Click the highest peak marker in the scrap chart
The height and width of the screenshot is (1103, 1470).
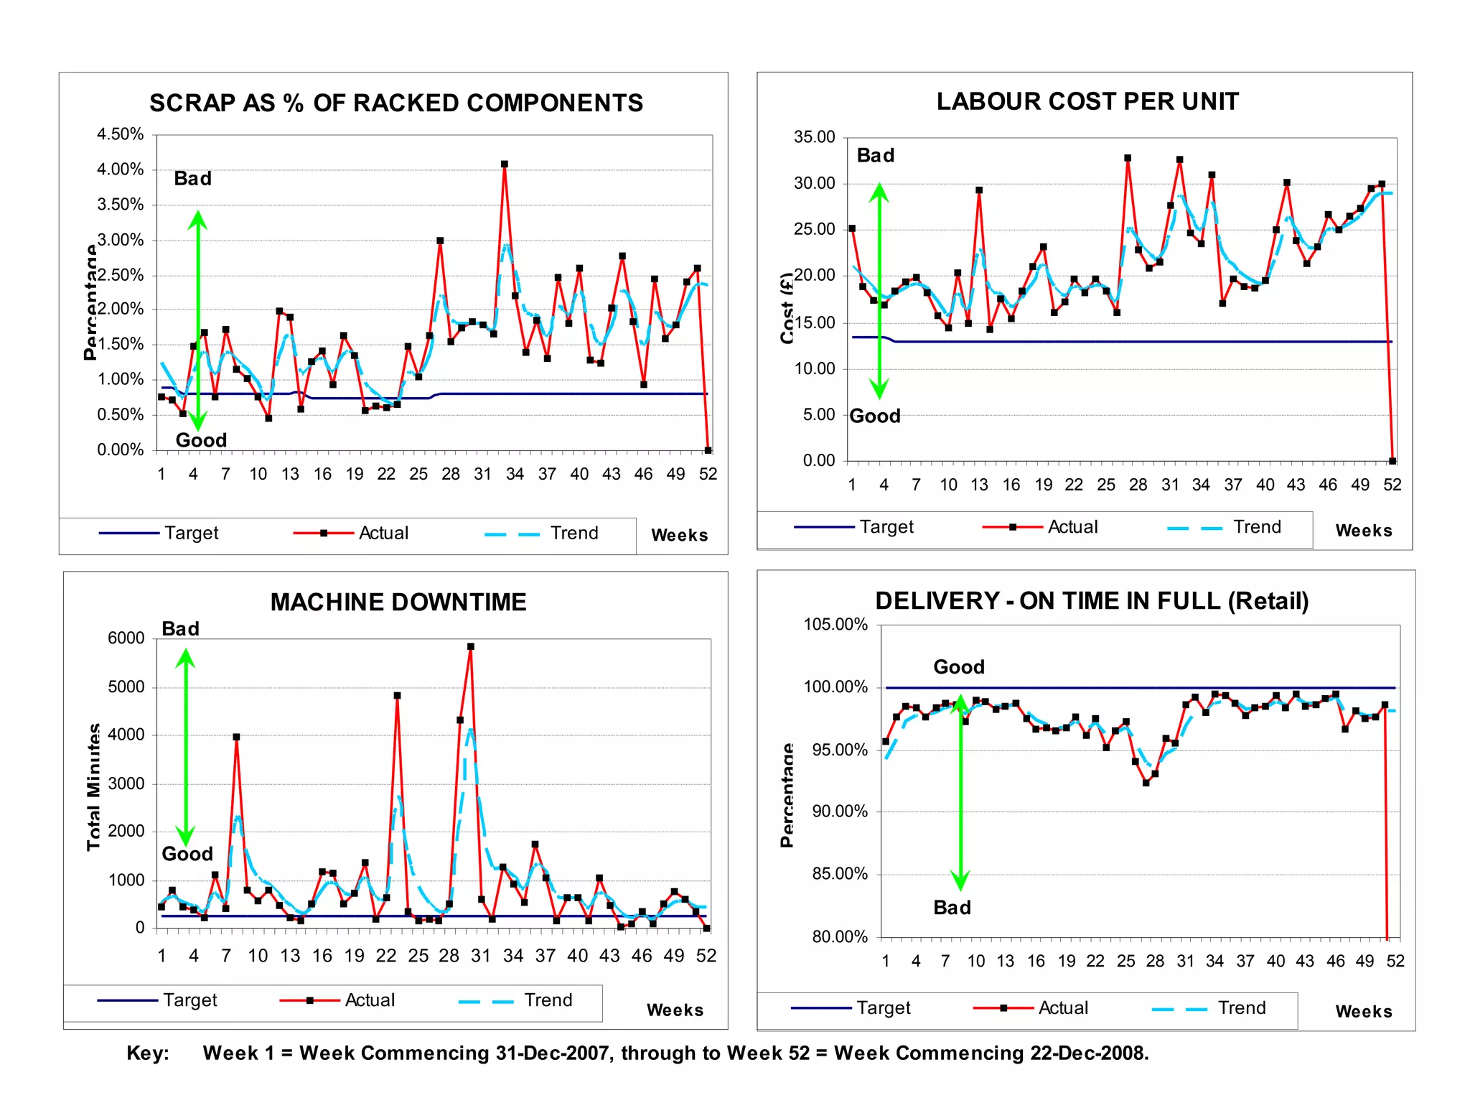pos(505,164)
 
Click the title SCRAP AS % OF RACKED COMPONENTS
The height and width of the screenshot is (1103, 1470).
pos(396,103)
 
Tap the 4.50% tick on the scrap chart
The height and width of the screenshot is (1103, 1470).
pos(121,134)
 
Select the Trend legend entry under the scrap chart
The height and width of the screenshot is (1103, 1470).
pos(543,533)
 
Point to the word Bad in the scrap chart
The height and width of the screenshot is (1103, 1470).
pos(193,179)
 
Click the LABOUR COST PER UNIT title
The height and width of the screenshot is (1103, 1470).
pos(1087,101)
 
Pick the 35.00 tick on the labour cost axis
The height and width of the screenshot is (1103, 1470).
pos(815,137)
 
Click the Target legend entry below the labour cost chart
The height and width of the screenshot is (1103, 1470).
pos(854,527)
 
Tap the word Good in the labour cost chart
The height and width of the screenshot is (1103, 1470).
pos(875,416)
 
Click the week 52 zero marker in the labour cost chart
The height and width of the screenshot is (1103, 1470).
pos(1392,461)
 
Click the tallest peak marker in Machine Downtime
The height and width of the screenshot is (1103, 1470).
pos(471,646)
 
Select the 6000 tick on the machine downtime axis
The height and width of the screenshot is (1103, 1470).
pos(126,638)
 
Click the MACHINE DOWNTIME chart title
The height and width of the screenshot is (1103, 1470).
pos(398,602)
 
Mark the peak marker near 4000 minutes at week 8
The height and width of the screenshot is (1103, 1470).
pos(236,737)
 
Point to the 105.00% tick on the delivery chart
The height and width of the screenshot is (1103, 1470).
pos(835,624)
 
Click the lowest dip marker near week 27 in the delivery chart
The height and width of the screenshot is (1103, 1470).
pos(1146,783)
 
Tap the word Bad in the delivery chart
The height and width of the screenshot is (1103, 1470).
pos(952,908)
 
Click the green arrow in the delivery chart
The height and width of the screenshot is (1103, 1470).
pos(960,790)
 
